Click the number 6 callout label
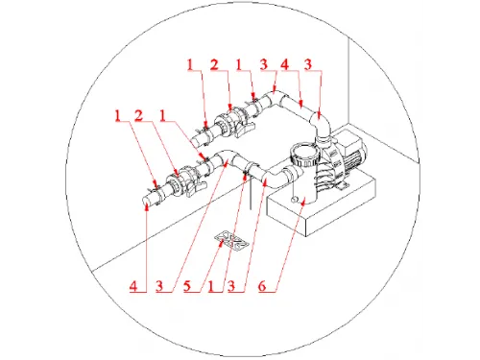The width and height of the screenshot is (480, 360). (x=262, y=286)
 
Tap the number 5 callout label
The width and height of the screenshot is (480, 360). (x=187, y=286)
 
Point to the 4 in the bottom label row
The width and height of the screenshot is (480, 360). (x=133, y=286)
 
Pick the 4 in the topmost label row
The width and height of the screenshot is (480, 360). (x=284, y=64)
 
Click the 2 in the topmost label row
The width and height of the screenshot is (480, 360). (x=214, y=64)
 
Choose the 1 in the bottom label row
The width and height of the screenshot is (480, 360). (x=210, y=286)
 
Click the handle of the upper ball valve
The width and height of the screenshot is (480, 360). (x=245, y=129)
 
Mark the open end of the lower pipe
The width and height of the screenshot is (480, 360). (x=146, y=203)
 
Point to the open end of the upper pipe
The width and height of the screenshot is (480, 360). (x=195, y=143)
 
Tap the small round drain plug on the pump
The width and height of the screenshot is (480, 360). (x=294, y=200)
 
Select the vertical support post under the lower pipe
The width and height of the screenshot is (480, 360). (x=252, y=192)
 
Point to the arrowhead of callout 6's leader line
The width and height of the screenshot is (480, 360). (x=303, y=202)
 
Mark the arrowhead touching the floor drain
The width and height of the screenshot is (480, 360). (x=221, y=243)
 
